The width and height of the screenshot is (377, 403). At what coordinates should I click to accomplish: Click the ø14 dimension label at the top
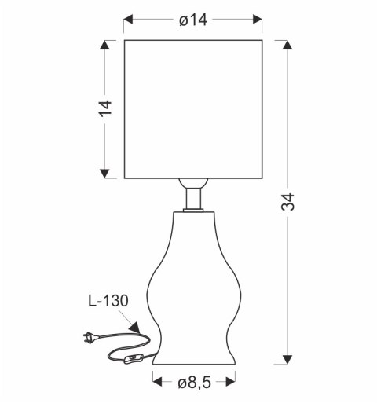coord(193,20)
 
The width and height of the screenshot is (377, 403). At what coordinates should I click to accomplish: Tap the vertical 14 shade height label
coord(105,108)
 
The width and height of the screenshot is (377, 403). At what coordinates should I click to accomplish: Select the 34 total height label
coord(287,202)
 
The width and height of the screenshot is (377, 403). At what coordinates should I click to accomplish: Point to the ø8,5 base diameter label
coord(194,383)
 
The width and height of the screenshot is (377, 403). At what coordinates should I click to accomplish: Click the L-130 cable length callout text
coord(108,301)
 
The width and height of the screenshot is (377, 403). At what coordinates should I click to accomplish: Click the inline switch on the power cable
coord(134,358)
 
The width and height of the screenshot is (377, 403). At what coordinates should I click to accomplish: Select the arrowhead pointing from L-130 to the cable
coord(134,328)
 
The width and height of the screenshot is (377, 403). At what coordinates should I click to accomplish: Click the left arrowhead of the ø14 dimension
coord(128,20)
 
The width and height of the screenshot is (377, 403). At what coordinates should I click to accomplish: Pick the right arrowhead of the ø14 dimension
coord(258,20)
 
